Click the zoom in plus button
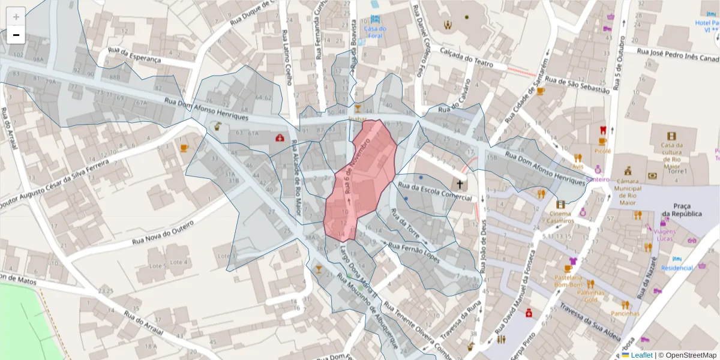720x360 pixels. click(x=16, y=17)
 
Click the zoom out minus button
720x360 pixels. click(x=16, y=35)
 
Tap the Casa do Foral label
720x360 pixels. click(x=375, y=32)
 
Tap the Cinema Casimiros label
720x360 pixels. click(x=560, y=217)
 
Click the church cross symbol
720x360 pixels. click(x=460, y=185)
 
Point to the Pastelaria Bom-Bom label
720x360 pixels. click(x=568, y=281)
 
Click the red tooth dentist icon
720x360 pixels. click(x=604, y=130)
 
